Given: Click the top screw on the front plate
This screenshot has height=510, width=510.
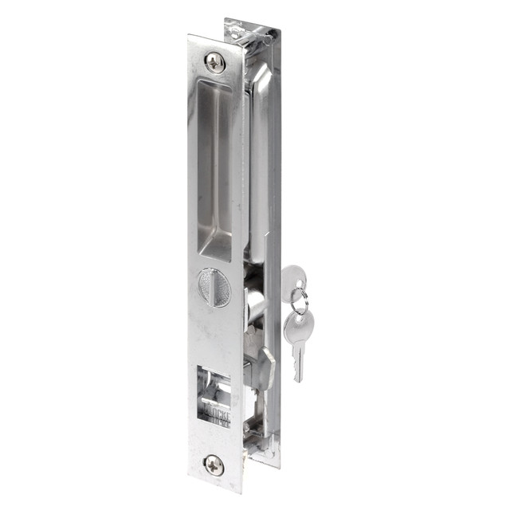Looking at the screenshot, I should (215, 61).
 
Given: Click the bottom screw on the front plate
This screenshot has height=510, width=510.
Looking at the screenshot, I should (213, 464).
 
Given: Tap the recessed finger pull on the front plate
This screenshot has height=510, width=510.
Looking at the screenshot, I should (215, 167).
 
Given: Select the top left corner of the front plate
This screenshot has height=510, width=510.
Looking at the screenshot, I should (190, 37).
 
